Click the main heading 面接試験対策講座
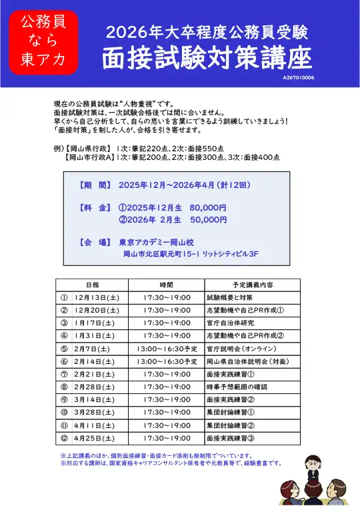[207, 59]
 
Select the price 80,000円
[208, 207]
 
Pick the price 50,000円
[208, 219]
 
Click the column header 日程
[93, 285]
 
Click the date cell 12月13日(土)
[97, 297]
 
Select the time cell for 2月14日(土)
[167, 361]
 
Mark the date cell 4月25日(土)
[95, 437]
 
